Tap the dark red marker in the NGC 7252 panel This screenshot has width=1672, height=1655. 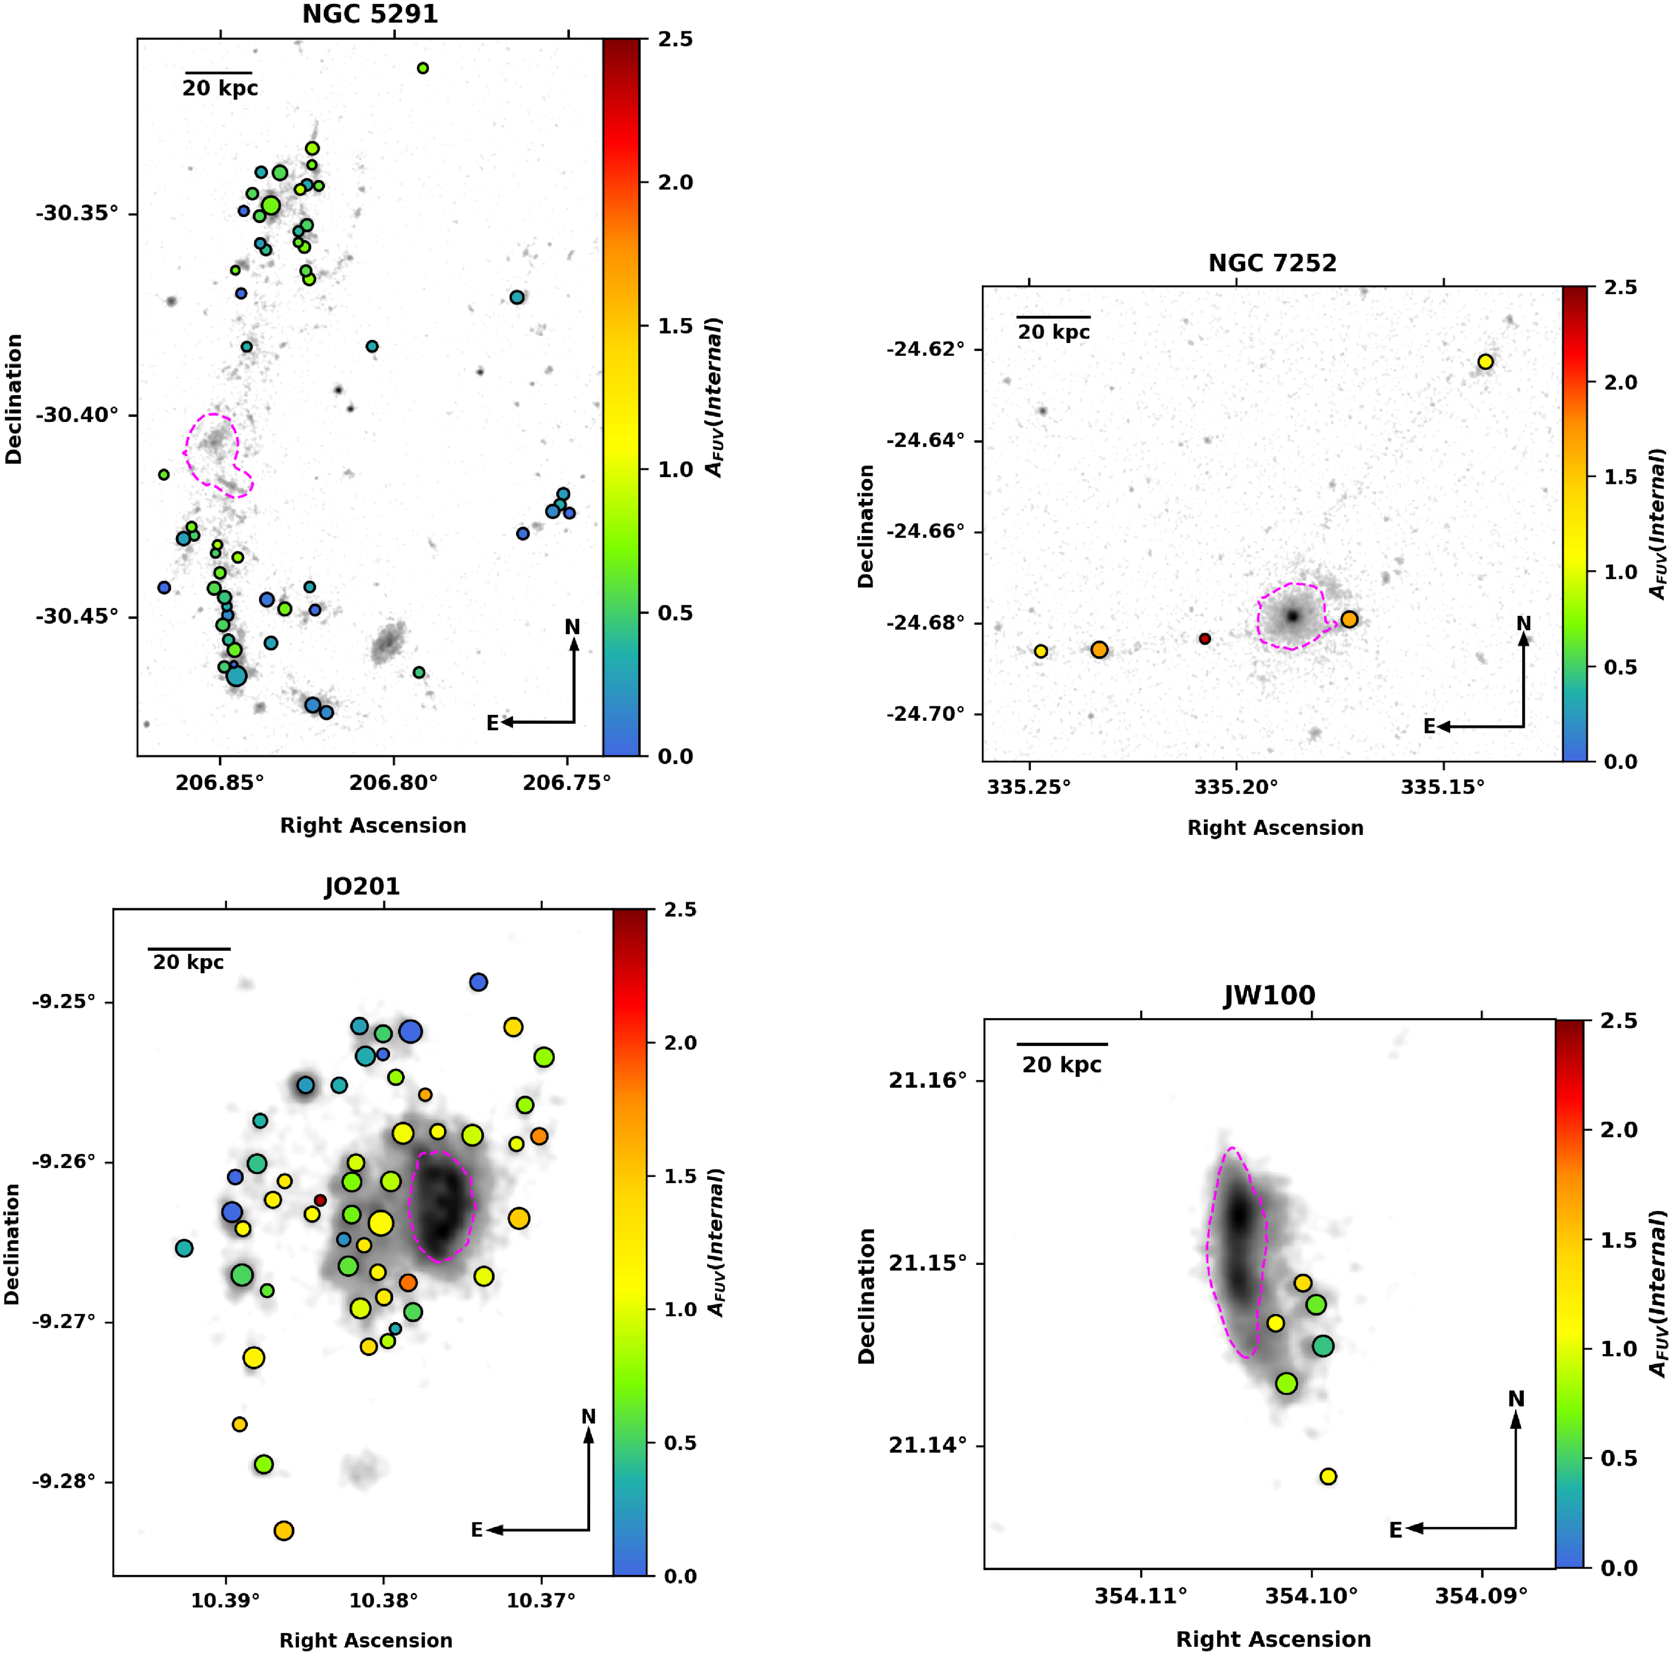(x=1205, y=639)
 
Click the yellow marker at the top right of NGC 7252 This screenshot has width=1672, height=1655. (x=1485, y=362)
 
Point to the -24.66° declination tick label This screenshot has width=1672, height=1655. (x=924, y=531)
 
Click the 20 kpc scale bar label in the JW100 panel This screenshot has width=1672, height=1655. (x=1062, y=1065)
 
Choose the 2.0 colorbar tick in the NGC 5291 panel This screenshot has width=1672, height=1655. (x=675, y=183)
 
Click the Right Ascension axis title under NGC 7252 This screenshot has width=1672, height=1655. (x=1275, y=828)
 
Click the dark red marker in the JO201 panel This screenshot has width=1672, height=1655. (x=320, y=1200)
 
